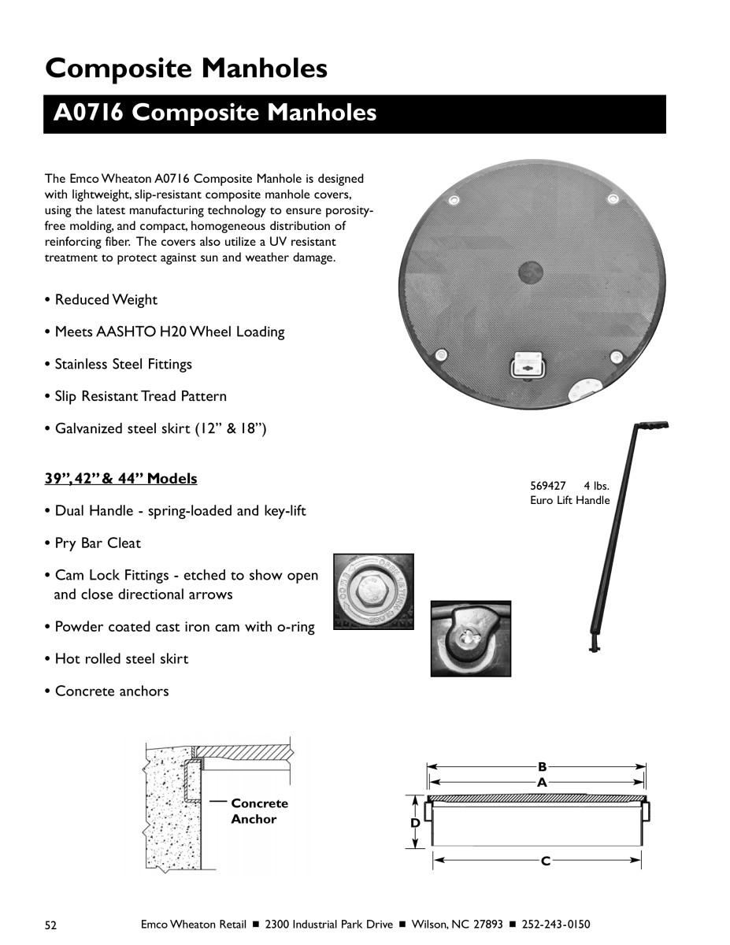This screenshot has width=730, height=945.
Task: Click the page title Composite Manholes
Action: [186, 69]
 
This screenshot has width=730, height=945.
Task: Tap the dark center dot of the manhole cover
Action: [530, 272]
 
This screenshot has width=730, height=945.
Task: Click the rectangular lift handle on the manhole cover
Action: [525, 365]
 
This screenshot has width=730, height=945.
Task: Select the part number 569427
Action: [548, 486]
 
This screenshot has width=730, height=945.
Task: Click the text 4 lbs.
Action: [597, 486]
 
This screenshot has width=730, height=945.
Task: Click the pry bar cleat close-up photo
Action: [470, 639]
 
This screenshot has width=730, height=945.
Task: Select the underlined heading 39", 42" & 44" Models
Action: [120, 479]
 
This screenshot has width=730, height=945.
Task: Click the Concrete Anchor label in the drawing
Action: [259, 811]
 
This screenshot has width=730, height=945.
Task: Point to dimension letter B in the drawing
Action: [542, 765]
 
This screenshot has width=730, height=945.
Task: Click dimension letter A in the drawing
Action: [542, 783]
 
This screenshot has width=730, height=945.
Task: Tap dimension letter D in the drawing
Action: [415, 823]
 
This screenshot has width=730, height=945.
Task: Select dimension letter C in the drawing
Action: [544, 862]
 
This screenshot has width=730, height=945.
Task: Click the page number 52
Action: [51, 925]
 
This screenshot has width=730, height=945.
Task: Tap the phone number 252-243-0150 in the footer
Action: [552, 925]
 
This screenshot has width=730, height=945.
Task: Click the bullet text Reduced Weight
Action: [106, 300]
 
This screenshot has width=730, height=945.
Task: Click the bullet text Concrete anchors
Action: [111, 691]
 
